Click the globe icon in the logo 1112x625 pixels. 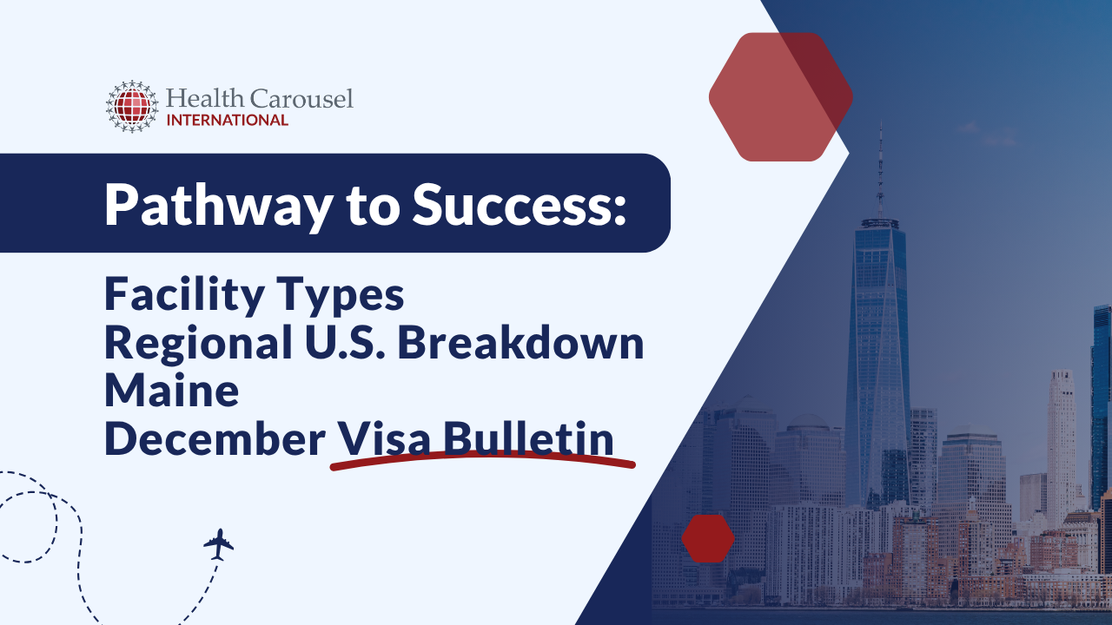coord(132,107)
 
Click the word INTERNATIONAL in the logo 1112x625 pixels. coord(227,120)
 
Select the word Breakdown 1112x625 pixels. coord(521,344)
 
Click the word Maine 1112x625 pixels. coord(172,391)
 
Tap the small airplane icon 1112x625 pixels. coord(219,544)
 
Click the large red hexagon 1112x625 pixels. coord(780,96)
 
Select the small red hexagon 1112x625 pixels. coord(708,538)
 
